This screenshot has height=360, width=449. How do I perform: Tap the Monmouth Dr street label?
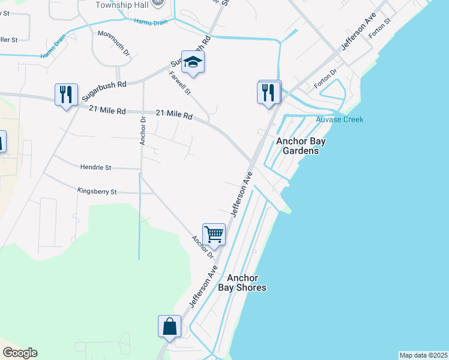pyautogui.click(x=114, y=44)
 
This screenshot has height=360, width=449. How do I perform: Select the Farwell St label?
pyautogui.click(x=179, y=83)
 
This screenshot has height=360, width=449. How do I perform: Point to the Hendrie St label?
pyautogui.click(x=96, y=167)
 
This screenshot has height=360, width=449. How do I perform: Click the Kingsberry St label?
pyautogui.click(x=97, y=191)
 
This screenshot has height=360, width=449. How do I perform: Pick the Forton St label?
pyautogui.click(x=380, y=28)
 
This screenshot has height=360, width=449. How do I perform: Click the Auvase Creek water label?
pyautogui.click(x=340, y=119)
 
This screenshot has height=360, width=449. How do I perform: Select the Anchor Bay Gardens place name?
pyautogui.click(x=297, y=146)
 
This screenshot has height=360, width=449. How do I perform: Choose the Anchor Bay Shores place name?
pyautogui.click(x=246, y=283)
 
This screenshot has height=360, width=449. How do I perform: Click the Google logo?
pyautogui.click(x=20, y=353)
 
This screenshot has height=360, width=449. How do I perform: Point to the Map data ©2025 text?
pyautogui.click(x=423, y=355)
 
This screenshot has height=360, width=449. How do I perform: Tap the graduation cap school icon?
pyautogui.click(x=193, y=62)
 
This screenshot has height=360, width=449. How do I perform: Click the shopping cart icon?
pyautogui.click(x=214, y=234)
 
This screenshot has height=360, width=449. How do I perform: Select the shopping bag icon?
pyautogui.click(x=170, y=327)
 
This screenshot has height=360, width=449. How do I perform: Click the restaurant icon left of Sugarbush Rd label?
pyautogui.click(x=66, y=95)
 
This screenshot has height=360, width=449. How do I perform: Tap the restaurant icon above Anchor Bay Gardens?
pyautogui.click(x=269, y=92)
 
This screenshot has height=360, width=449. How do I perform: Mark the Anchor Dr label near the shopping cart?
pyautogui.click(x=203, y=247)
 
